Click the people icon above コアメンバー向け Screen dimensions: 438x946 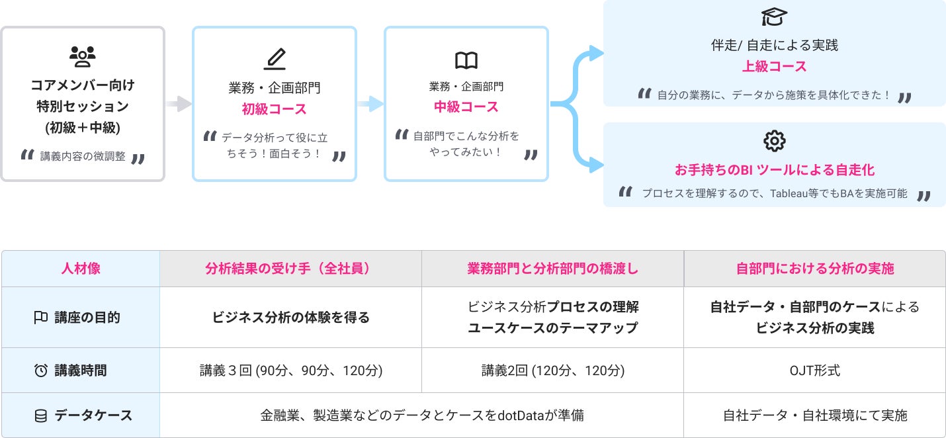(x=83, y=58)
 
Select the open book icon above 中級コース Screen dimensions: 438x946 (x=466, y=61)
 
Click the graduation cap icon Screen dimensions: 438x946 (x=774, y=17)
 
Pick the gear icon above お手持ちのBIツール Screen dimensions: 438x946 (x=774, y=141)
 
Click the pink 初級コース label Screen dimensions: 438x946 (x=274, y=109)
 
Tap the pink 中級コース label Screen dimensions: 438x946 (x=466, y=107)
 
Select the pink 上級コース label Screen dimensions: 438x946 (x=774, y=67)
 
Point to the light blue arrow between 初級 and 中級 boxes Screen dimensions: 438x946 (x=370, y=104)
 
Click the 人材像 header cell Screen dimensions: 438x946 (x=81, y=269)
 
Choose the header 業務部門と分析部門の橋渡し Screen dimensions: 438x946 (x=552, y=269)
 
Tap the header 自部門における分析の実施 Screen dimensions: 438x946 (x=815, y=269)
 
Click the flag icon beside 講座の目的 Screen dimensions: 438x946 (x=40, y=318)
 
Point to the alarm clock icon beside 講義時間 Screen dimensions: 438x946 (x=40, y=371)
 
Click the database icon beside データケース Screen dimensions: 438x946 (x=40, y=416)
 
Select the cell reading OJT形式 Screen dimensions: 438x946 (x=815, y=371)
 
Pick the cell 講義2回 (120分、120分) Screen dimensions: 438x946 (x=552, y=371)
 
